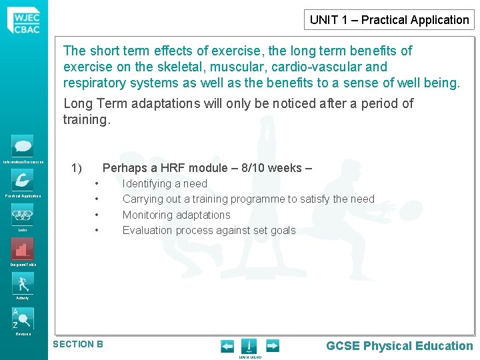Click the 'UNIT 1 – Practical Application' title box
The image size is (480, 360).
pyautogui.click(x=389, y=20)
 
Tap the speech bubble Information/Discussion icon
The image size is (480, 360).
pyautogui.click(x=23, y=146)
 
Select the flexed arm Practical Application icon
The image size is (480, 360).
pyautogui.click(x=23, y=180)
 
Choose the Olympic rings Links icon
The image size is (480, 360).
pyautogui.click(x=23, y=215)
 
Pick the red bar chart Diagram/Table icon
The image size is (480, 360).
pyautogui.click(x=23, y=249)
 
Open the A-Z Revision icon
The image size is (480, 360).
pyautogui.click(x=23, y=318)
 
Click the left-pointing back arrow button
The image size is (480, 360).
pyautogui.click(x=227, y=346)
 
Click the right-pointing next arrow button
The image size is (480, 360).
pyautogui.click(x=273, y=346)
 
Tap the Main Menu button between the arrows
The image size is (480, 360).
pyautogui.click(x=249, y=347)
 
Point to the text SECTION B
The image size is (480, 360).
pyautogui.click(x=78, y=344)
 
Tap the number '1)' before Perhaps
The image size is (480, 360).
pyautogui.click(x=76, y=168)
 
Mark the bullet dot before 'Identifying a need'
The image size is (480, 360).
pyautogui.click(x=97, y=183)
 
